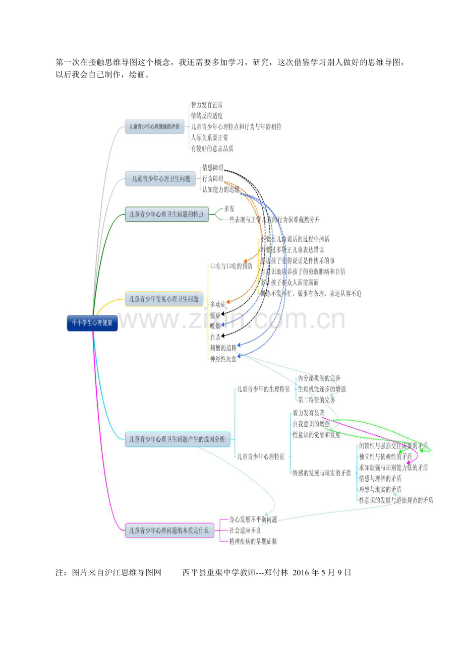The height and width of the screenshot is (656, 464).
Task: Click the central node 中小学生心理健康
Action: (92, 323)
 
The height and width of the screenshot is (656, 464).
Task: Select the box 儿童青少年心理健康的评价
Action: (154, 126)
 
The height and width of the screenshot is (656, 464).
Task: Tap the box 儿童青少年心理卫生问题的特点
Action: (166, 214)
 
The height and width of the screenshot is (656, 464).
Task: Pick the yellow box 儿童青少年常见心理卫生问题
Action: (164, 299)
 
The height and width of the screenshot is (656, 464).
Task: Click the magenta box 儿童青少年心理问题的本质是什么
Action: (169, 530)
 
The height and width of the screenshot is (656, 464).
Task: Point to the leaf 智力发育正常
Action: (207, 105)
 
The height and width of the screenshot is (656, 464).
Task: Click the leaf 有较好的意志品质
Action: (212, 149)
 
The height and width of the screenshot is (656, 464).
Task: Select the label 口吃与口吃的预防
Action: (231, 266)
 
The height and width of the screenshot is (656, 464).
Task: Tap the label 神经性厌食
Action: (223, 359)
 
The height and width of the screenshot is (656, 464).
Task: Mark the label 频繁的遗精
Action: (223, 348)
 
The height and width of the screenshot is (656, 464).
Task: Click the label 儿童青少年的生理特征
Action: (263, 389)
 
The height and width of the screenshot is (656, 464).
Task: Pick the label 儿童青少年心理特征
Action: (261, 456)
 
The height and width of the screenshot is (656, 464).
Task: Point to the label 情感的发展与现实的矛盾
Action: (322, 473)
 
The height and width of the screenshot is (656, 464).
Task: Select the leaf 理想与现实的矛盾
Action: (380, 489)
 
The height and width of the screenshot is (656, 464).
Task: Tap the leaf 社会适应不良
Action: (245, 530)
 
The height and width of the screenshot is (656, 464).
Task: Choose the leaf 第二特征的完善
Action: (316, 400)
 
